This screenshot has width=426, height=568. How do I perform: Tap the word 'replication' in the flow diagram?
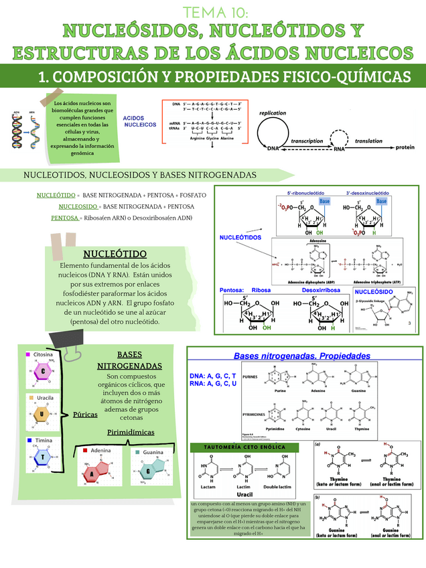click(x=272, y=113)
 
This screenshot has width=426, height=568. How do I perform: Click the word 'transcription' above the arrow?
click(x=307, y=141)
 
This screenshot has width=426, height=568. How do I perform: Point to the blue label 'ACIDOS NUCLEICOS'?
click(x=139, y=121)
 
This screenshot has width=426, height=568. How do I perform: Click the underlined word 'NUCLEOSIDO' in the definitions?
click(x=78, y=206)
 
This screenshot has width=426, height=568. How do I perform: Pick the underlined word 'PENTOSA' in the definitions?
click(x=65, y=218)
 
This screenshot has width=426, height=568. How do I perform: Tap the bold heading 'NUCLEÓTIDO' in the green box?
click(x=115, y=254)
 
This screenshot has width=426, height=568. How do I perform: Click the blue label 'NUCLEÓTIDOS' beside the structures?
click(x=240, y=238)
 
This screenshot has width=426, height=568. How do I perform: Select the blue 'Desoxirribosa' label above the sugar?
click(x=320, y=290)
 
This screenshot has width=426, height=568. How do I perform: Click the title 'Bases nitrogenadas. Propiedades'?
click(x=301, y=355)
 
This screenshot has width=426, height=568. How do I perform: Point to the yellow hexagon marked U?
click(x=42, y=414)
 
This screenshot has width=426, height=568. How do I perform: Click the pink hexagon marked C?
click(x=42, y=371)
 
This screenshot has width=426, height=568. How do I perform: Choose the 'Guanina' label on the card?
click(x=153, y=453)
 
